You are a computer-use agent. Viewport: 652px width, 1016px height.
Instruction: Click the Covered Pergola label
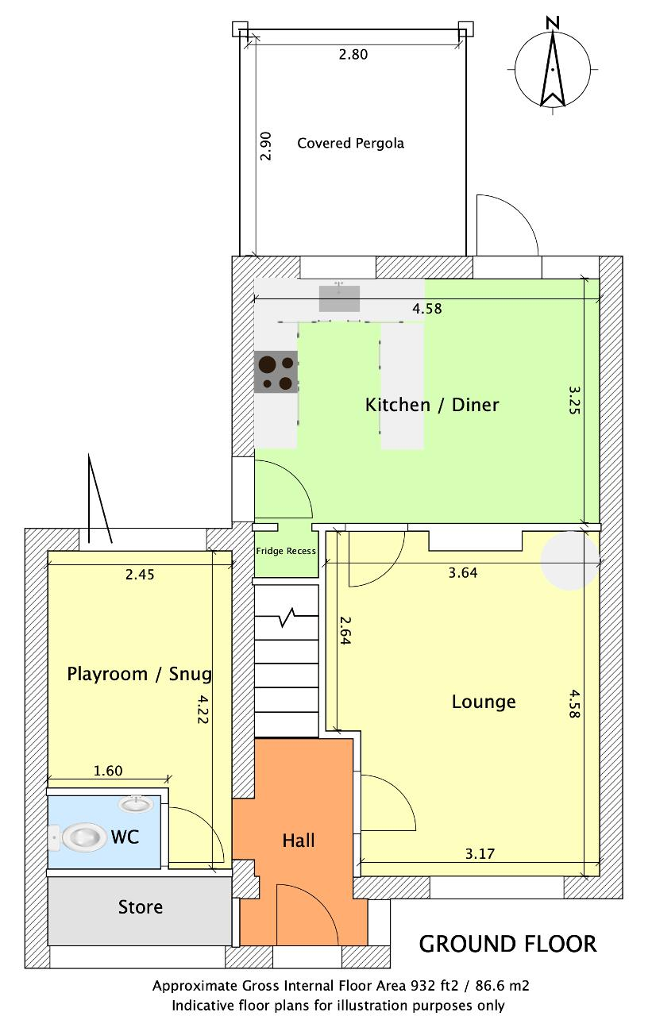350,144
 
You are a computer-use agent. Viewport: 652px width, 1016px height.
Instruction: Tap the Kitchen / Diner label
432,405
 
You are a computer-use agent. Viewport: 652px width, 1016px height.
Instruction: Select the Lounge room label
484,702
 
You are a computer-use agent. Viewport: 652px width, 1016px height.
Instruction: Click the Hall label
299,841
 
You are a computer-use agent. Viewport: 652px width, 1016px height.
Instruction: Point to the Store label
141,906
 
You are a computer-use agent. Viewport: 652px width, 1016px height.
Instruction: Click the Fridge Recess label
286,551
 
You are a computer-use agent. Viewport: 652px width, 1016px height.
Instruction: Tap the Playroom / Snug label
139,674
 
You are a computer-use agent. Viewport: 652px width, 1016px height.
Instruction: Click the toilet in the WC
78,837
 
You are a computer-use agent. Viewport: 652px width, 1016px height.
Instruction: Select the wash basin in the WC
135,804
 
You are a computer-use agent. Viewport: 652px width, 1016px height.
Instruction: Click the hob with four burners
276,372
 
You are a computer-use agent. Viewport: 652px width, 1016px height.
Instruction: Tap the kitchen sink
339,298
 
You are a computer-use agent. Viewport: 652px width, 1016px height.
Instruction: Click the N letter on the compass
553,22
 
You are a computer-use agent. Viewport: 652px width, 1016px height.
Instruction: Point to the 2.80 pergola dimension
353,55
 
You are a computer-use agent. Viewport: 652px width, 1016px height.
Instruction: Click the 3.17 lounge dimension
480,854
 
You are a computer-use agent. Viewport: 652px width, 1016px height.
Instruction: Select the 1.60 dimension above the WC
108,771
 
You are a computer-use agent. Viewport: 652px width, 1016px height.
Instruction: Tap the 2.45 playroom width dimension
140,575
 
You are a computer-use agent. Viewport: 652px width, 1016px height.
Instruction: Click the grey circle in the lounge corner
570,560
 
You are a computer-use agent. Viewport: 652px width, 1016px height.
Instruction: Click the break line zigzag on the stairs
287,618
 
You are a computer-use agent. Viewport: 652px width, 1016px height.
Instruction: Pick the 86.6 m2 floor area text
502,985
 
